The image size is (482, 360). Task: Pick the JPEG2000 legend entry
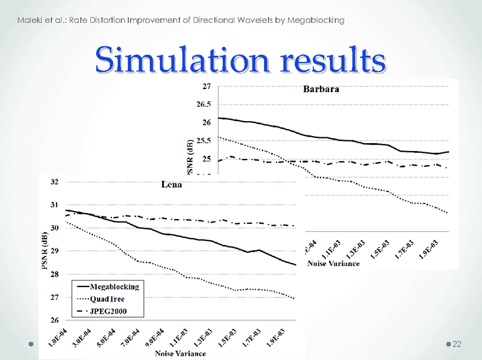click(x=107, y=311)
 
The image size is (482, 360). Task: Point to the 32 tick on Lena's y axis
click(x=54, y=181)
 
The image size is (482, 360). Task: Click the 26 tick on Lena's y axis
click(x=54, y=320)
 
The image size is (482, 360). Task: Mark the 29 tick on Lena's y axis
click(x=54, y=251)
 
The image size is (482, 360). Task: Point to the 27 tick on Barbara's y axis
click(x=207, y=87)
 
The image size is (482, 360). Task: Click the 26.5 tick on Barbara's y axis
click(x=204, y=105)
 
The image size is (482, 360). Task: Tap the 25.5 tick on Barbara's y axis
click(x=204, y=141)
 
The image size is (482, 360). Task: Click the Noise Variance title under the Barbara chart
click(x=334, y=263)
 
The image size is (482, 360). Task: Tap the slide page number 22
click(x=456, y=344)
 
